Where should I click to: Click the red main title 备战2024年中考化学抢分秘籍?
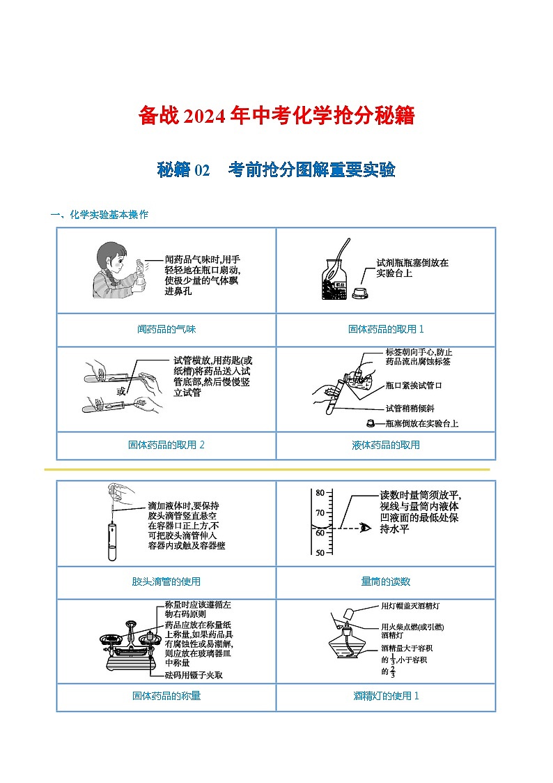tap(276, 116)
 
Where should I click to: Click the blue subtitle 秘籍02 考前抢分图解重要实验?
tap(276, 169)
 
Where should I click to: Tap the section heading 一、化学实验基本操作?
tap(100, 215)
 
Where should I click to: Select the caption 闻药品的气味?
tap(166, 329)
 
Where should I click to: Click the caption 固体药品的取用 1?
tap(386, 329)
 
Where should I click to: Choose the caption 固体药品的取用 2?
tap(166, 444)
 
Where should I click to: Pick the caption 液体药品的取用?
tap(386, 444)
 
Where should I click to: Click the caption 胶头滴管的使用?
tap(166, 581)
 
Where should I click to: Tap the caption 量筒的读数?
tap(386, 581)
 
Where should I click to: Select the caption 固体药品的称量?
tap(166, 695)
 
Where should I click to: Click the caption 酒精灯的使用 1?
tap(386, 695)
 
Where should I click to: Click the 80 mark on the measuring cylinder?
tap(320, 493)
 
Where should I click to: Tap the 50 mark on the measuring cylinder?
tap(320, 553)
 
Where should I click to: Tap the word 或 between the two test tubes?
tap(121, 391)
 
